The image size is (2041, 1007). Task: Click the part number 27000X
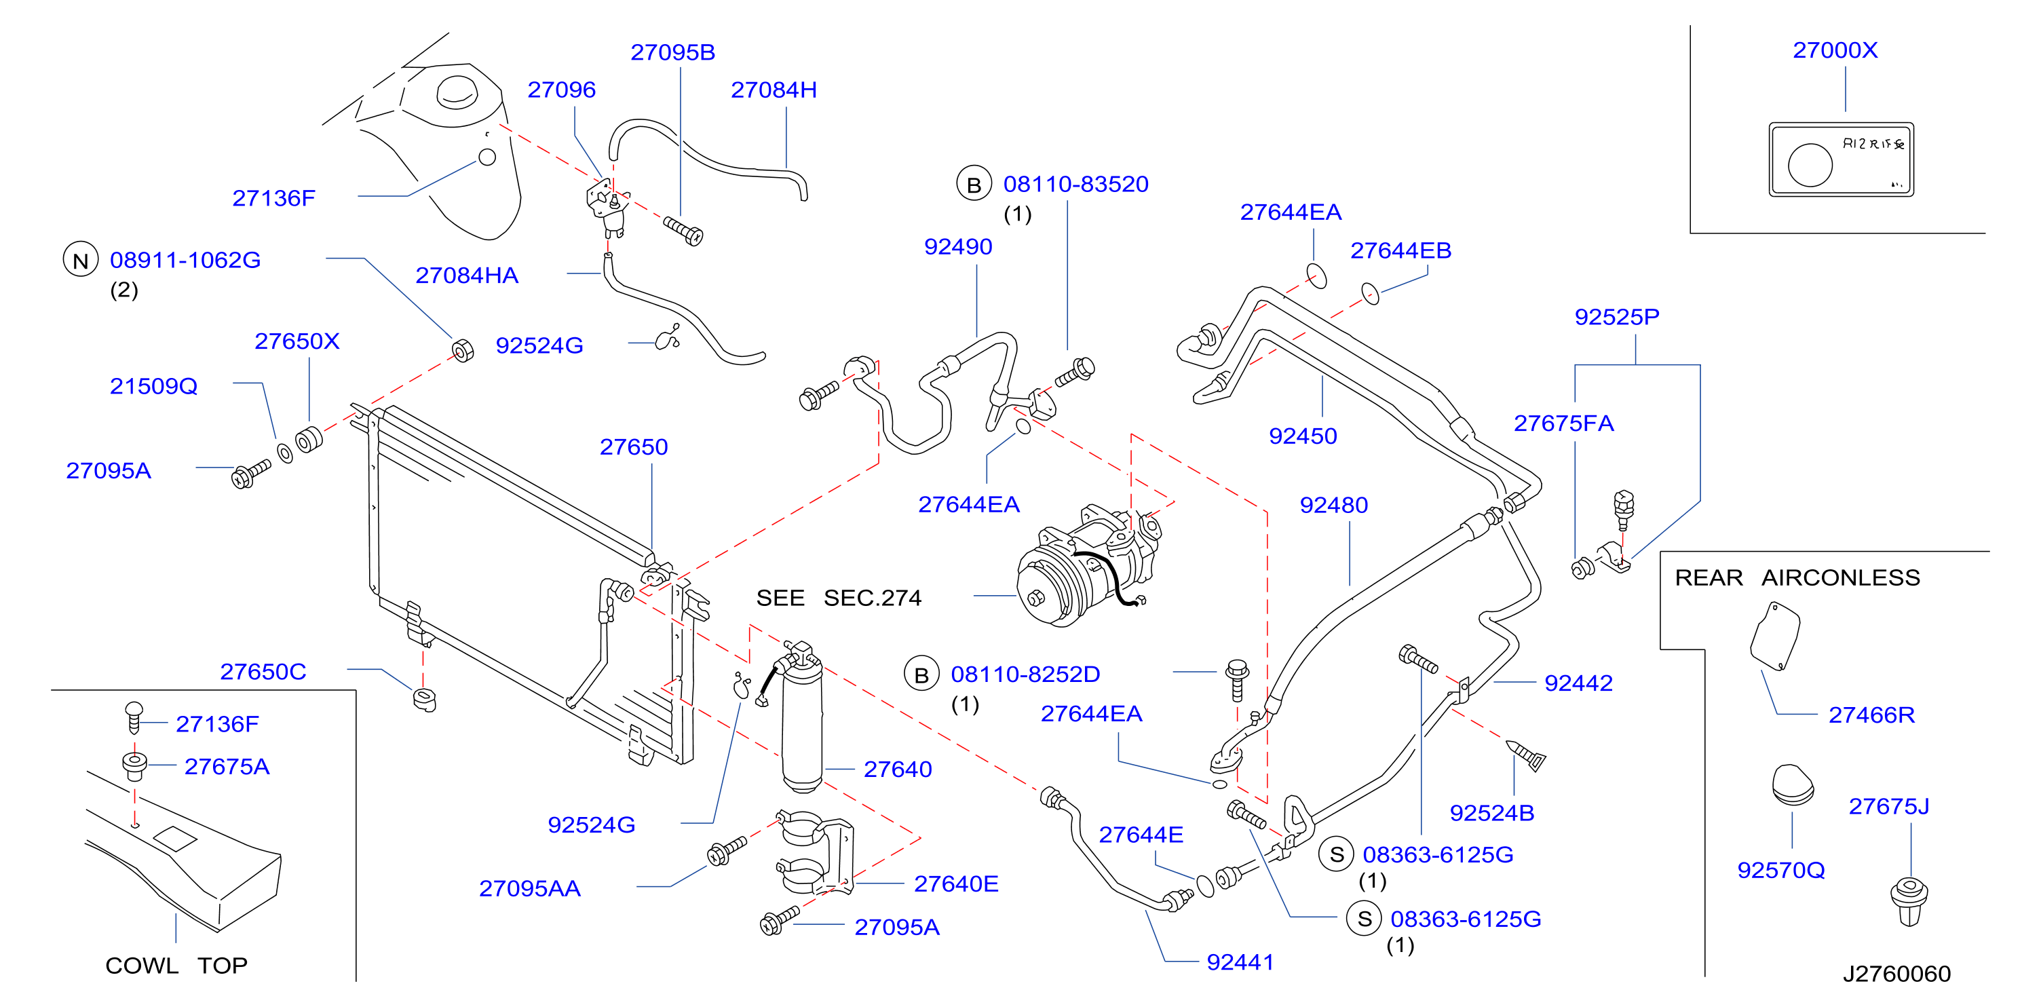(x=1835, y=51)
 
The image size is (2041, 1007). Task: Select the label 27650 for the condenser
(x=634, y=448)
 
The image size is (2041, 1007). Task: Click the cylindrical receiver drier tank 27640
(x=802, y=721)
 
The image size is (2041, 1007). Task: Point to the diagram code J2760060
(x=1896, y=974)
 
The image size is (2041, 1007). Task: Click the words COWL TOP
(x=176, y=966)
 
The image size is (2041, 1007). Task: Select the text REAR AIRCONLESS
(x=1797, y=577)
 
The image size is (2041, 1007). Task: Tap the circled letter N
(x=81, y=261)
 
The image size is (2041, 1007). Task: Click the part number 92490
(x=958, y=247)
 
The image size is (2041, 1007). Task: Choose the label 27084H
(x=774, y=90)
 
